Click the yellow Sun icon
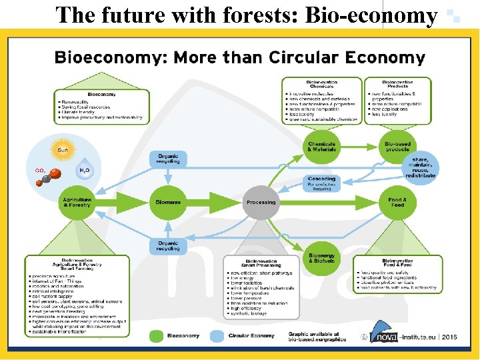pos(63,150)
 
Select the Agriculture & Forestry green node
pos(78,202)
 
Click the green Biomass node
pos(168,202)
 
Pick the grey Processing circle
pos(261,202)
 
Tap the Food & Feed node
pos(397,202)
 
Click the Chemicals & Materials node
pos(322,147)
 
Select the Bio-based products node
pos(397,147)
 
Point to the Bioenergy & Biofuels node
pos(322,257)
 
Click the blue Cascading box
pos(322,183)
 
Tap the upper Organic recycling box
pos(168,159)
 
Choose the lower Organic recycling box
pos(168,245)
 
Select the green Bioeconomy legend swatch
pos(157,335)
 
